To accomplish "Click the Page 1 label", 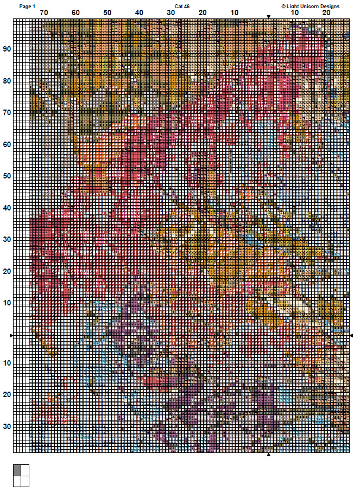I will (27, 6).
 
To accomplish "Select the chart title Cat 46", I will (182, 6).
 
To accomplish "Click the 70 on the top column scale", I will (43, 12).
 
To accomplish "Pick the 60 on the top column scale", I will (75, 12).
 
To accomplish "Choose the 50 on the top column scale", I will (108, 12).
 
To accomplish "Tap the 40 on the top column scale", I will (139, 12).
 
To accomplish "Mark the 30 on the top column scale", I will (171, 12).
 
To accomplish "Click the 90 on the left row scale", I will (7, 49).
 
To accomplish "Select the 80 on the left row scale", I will (7, 81).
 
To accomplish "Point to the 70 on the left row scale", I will (7, 112).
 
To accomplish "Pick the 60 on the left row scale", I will (7, 144).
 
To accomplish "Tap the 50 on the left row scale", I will (7, 176).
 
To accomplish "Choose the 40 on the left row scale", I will (7, 208).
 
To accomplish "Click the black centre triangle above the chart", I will (268, 16).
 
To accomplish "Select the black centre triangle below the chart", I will (268, 455).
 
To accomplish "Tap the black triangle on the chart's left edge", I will (12, 336).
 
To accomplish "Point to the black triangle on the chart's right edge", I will (351, 336).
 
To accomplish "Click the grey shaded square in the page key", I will (17, 470).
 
